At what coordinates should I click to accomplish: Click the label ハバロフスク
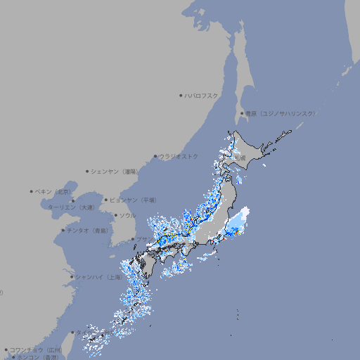pyautogui.click(x=202, y=95)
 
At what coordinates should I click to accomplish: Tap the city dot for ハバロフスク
pyautogui.click(x=181, y=95)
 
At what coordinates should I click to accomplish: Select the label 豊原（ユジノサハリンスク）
pyautogui.click(x=281, y=113)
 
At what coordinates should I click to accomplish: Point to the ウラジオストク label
pyautogui.click(x=179, y=156)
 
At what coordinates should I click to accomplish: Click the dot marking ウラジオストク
pyautogui.click(x=155, y=156)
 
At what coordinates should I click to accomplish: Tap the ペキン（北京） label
pyautogui.click(x=53, y=191)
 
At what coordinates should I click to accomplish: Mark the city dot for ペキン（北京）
pyautogui.click(x=32, y=191)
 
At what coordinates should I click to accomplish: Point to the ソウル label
pyautogui.click(x=127, y=215)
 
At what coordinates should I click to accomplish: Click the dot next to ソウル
pyautogui.click(x=115, y=215)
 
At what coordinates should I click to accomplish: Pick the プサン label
pyautogui.click(x=142, y=239)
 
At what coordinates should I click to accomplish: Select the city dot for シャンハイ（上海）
pyautogui.click(x=72, y=277)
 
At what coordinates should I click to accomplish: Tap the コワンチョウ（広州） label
pyautogui.click(x=35, y=349)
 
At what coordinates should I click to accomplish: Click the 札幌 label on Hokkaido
pyautogui.click(x=240, y=159)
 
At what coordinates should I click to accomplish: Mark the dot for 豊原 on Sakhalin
pyautogui.click(x=242, y=113)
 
